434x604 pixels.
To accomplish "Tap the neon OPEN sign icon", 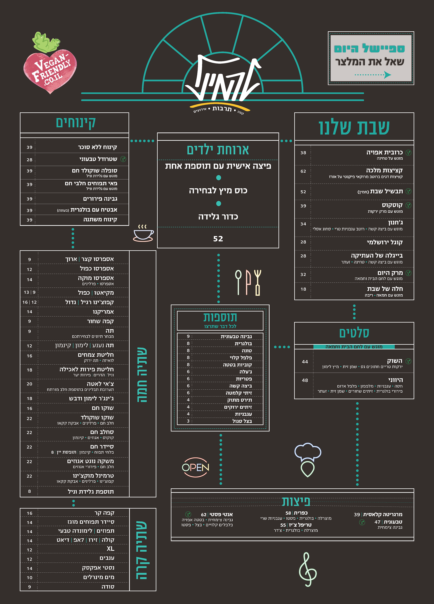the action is (x=195, y=467).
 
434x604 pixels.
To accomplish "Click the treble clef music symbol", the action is (x=308, y=570).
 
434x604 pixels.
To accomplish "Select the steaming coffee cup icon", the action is (x=143, y=233).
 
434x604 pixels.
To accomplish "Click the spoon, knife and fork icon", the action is (x=248, y=282).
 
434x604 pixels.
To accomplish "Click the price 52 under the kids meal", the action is (x=218, y=239).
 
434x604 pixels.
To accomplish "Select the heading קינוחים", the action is (x=76, y=123).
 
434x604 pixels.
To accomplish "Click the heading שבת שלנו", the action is (x=354, y=128).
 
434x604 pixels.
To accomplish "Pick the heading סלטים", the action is (x=354, y=333).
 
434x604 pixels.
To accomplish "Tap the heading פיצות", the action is (x=296, y=501).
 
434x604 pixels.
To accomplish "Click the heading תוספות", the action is (x=220, y=317).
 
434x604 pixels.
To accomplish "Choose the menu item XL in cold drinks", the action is (x=110, y=549).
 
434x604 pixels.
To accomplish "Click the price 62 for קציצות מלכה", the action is (x=303, y=171).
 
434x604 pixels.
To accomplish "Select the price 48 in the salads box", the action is (x=305, y=380).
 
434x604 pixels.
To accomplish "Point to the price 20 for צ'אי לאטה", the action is (x=30, y=384).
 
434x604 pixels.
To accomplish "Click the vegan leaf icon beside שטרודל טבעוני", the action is (x=123, y=159).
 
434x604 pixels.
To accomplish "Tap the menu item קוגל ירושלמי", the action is (x=385, y=242).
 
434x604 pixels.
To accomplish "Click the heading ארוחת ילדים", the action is (x=218, y=150).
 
